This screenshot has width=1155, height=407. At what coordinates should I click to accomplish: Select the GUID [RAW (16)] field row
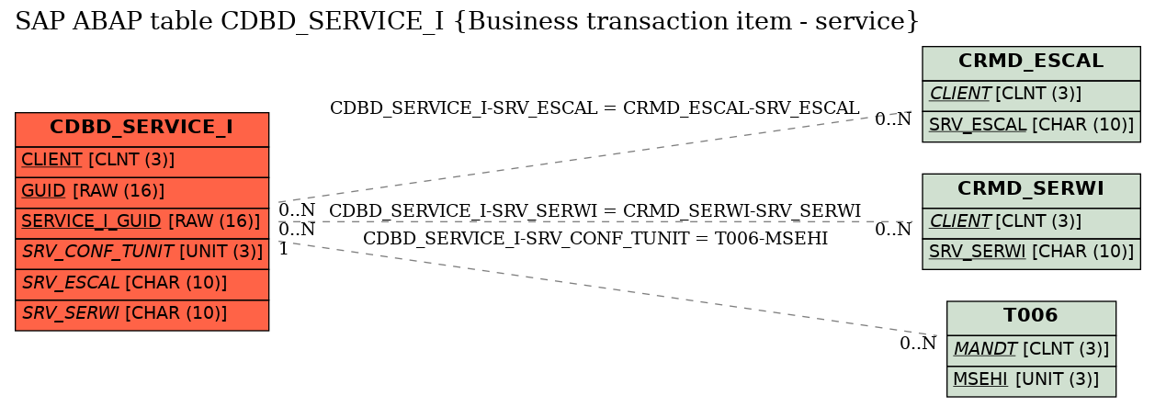142,192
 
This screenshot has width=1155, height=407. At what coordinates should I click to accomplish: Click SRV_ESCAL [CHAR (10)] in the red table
142,284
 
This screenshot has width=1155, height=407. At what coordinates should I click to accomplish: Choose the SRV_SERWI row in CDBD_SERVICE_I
142,314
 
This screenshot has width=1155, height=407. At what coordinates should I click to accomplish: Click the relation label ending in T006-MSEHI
595,238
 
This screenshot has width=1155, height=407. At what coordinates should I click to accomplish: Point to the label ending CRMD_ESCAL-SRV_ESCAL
594,107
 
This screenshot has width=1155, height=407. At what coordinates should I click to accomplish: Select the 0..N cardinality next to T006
918,343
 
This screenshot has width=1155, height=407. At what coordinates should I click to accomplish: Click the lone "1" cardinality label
284,249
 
